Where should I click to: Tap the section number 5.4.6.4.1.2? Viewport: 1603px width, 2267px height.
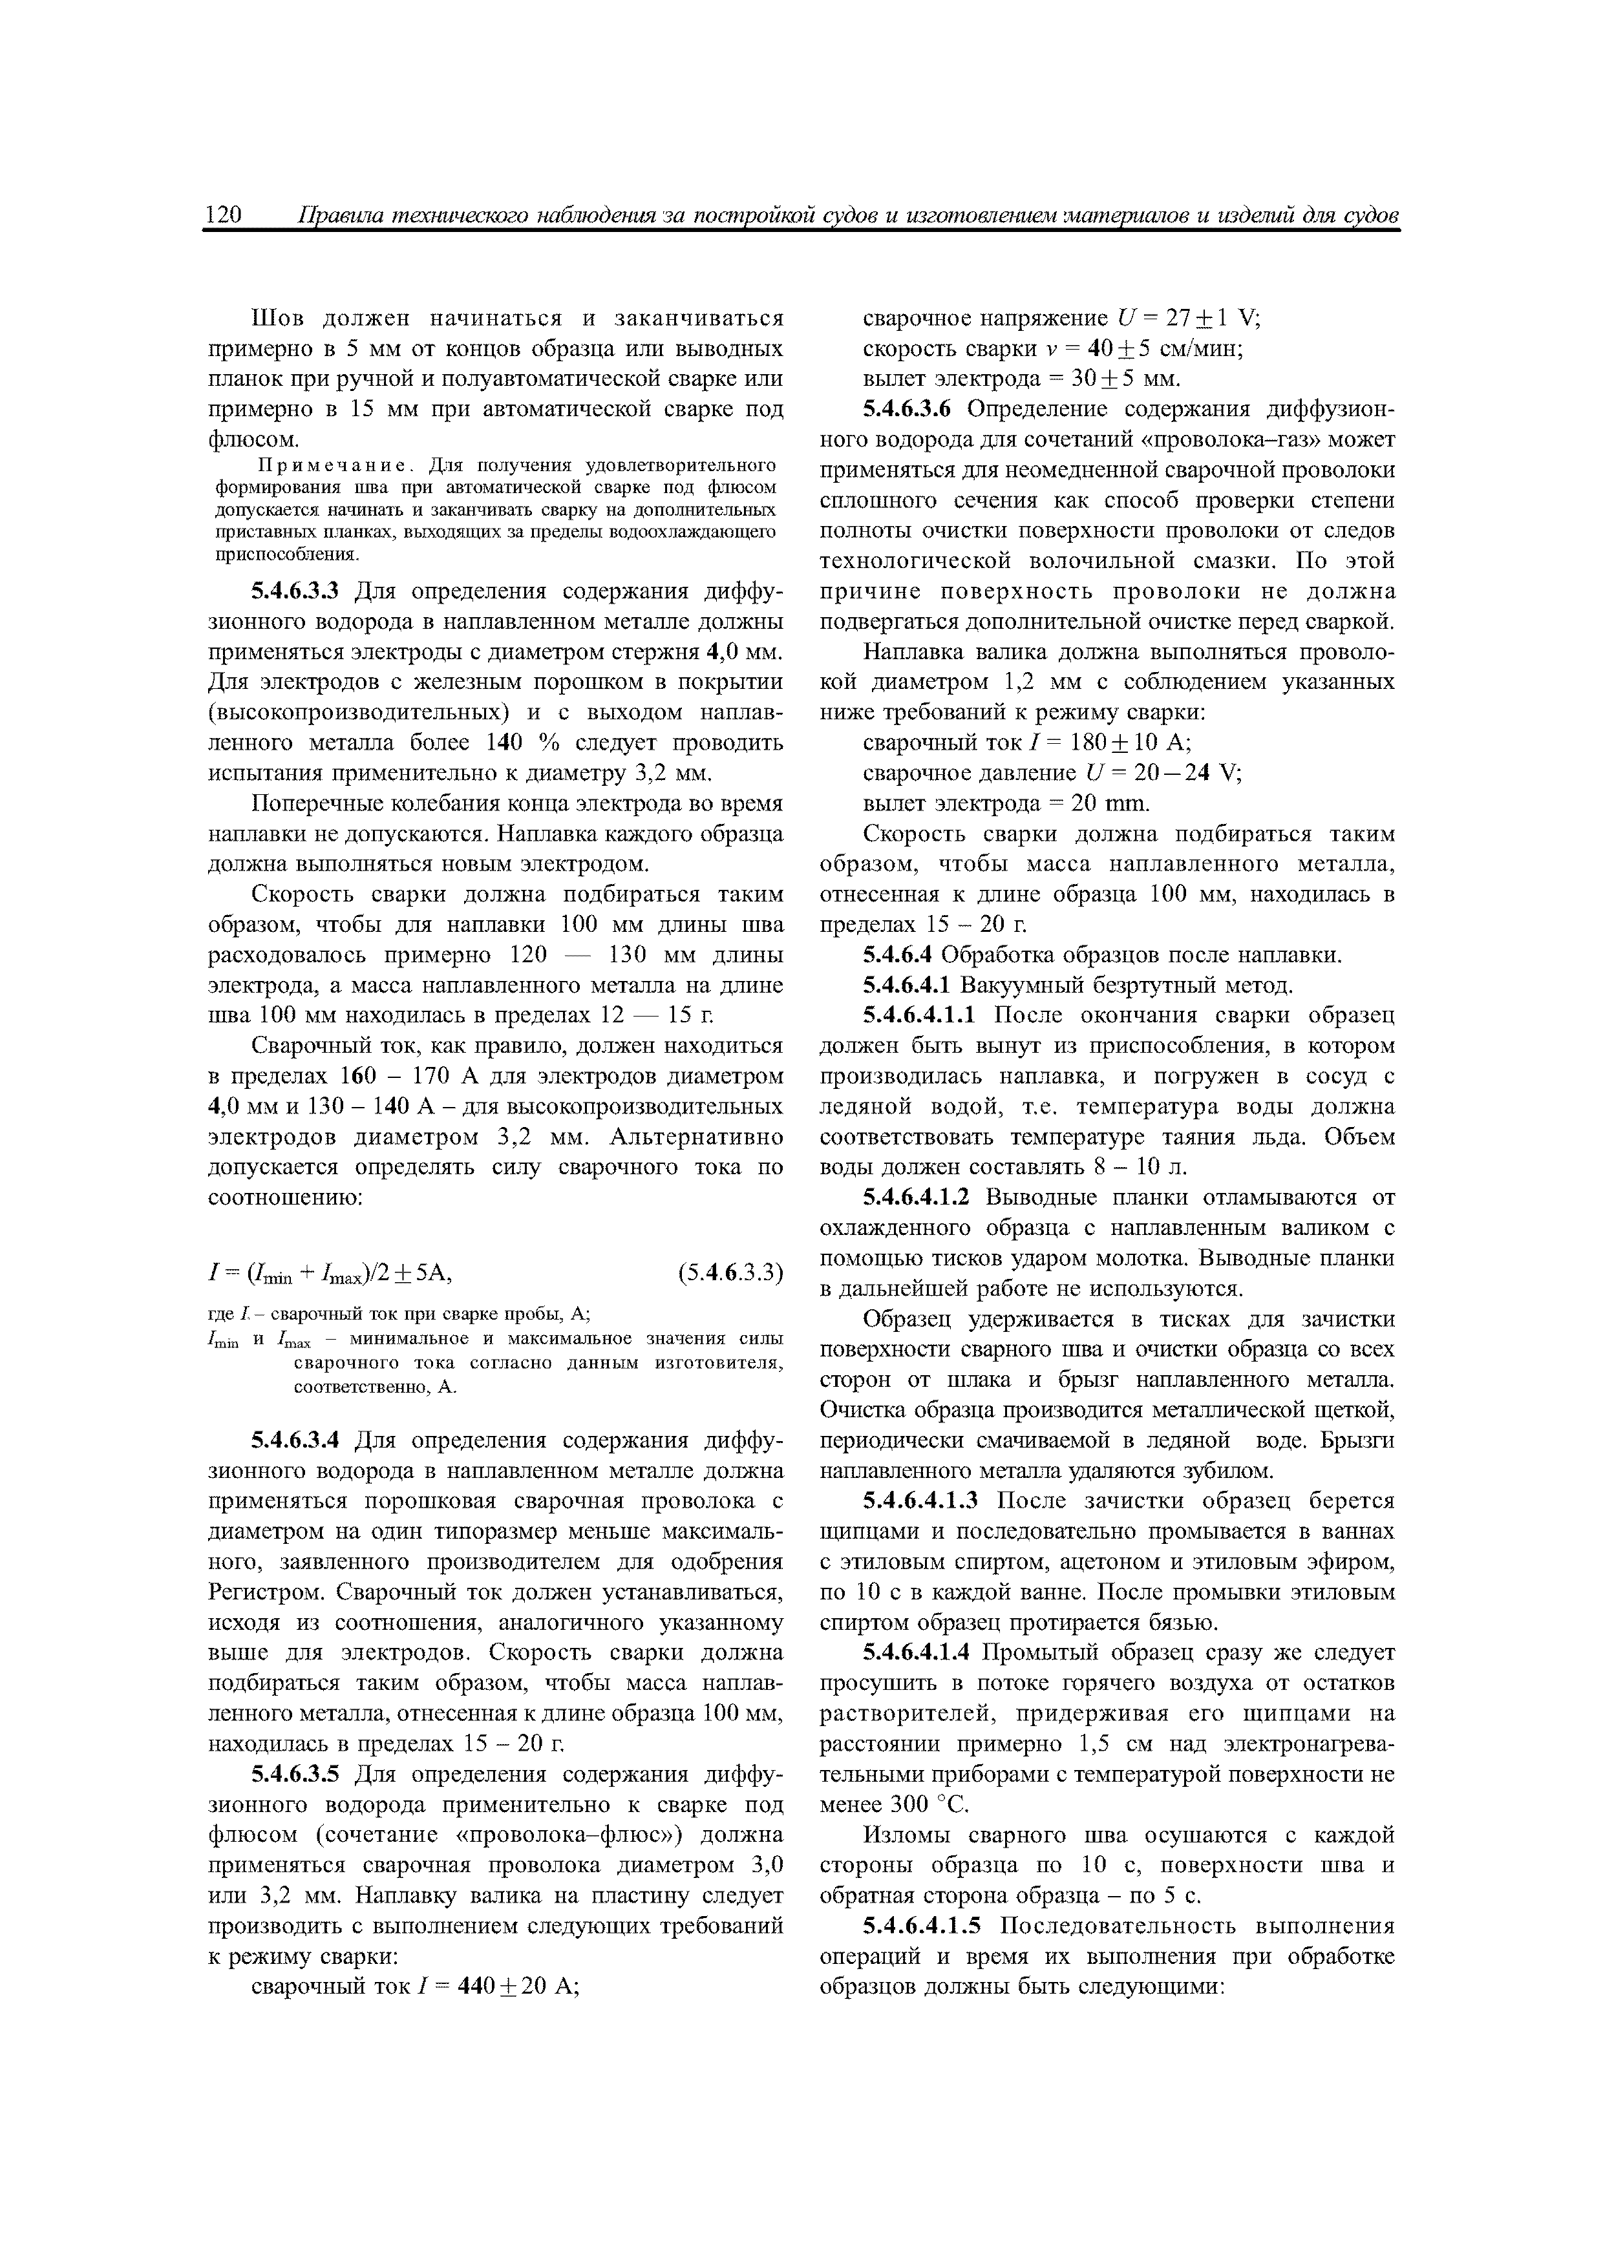point(918,1197)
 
